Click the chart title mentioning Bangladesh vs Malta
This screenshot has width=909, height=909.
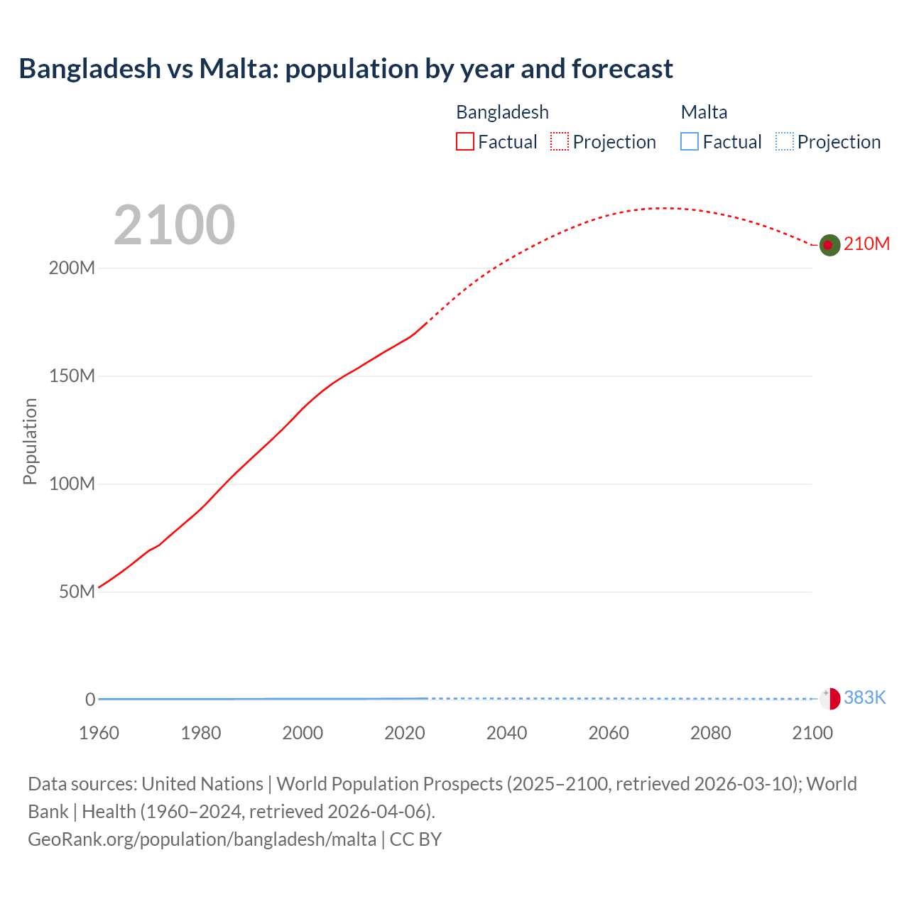coord(346,69)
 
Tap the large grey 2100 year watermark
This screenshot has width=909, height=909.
coord(174,225)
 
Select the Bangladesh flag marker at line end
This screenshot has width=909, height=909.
coord(829,245)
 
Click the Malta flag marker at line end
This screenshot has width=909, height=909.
coord(829,699)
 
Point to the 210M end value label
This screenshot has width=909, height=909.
coord(866,244)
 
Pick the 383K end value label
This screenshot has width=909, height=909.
coord(865,698)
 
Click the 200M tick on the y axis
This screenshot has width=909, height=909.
coord(72,268)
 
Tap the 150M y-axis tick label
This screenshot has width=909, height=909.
coord(72,376)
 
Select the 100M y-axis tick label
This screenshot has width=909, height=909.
coord(72,484)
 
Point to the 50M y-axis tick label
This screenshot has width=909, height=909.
coord(77,592)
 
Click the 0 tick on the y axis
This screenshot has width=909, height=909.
coord(90,700)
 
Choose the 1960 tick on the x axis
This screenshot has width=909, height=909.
coord(99,733)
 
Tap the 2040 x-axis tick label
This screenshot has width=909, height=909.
coord(506,733)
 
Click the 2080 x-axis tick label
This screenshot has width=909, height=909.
coord(710,733)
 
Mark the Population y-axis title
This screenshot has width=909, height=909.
coord(30,441)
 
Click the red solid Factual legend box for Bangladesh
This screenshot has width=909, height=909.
coord(465,142)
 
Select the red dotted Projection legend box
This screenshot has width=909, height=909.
coord(560,142)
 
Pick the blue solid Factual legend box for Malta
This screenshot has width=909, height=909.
coord(690,142)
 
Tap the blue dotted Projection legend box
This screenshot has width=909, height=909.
coord(785,142)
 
